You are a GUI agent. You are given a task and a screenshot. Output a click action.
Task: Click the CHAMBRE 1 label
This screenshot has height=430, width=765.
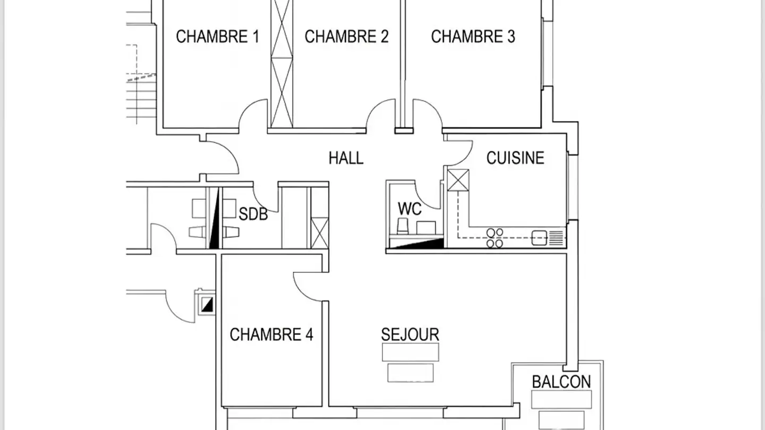tap(217, 37)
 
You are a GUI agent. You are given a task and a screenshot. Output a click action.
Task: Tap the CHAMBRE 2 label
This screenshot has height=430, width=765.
tap(346, 37)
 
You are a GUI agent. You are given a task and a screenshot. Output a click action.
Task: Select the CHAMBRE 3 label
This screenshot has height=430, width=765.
tap(473, 37)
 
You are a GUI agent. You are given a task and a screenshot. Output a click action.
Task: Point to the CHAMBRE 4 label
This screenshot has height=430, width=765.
tap(271, 335)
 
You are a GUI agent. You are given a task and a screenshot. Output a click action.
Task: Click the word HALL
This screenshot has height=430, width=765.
tap(346, 158)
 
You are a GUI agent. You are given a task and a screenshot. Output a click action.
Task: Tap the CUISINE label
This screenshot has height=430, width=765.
tap(515, 158)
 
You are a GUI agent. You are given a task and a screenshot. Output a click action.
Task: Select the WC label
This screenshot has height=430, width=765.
tap(410, 209)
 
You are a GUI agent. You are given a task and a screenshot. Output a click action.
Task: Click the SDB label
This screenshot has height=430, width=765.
tap(253, 214)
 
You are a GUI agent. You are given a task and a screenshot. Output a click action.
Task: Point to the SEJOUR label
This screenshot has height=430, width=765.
tap(410, 334)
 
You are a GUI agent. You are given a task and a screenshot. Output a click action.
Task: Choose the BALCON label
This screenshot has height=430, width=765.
tap(561, 382)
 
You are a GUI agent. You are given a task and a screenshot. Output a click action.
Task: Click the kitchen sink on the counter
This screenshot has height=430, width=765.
tap(540, 237)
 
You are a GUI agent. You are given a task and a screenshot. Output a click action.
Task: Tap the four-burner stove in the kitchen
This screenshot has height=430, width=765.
tap(495, 238)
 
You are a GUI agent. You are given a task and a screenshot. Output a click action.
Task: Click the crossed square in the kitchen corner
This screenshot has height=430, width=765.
tap(458, 180)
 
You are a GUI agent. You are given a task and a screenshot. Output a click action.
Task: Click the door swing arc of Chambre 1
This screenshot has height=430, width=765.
tap(251, 113)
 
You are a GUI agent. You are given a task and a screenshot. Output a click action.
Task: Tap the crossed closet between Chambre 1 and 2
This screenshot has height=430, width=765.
tap(282, 64)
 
